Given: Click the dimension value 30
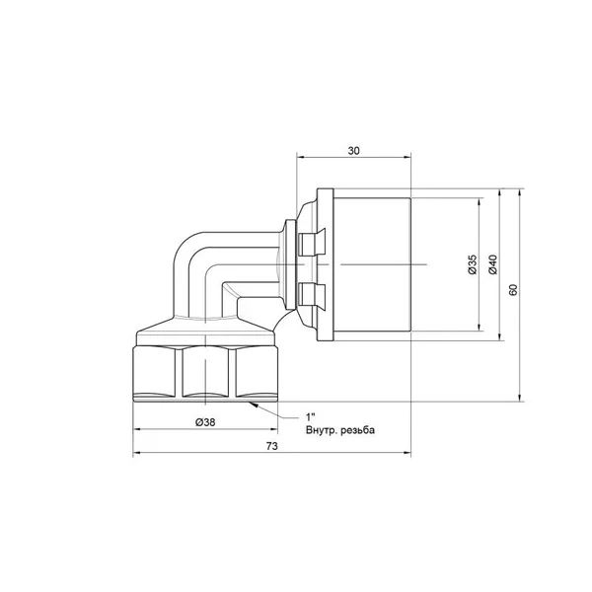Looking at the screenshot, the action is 353,151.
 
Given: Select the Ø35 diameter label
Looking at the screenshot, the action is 473,264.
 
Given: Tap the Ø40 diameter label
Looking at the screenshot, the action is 492,264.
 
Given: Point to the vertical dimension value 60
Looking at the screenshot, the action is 513,289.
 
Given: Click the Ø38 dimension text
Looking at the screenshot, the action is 205,422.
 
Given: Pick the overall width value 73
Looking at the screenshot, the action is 272,446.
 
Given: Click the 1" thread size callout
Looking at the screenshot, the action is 311,416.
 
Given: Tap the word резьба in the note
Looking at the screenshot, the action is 357,430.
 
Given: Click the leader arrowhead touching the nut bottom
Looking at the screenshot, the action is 253,405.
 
